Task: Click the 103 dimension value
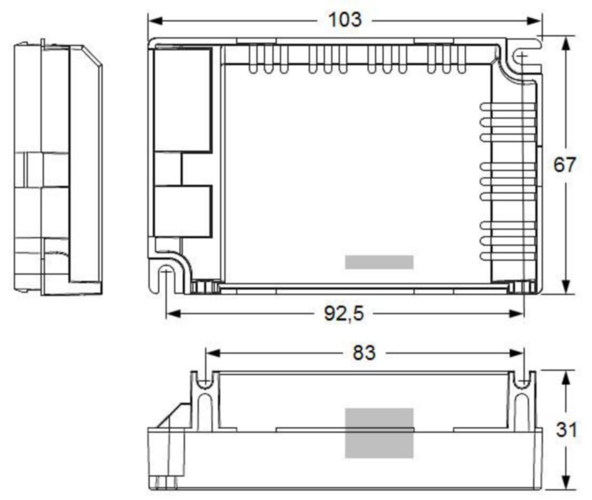click(x=345, y=20)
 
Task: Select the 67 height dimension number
click(x=564, y=165)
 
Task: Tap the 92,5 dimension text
click(x=344, y=314)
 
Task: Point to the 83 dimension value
click(x=364, y=353)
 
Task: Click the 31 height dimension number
click(x=566, y=429)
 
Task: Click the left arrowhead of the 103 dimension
click(x=155, y=21)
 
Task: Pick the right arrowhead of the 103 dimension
click(x=534, y=21)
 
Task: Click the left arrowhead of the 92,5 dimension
click(x=174, y=314)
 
